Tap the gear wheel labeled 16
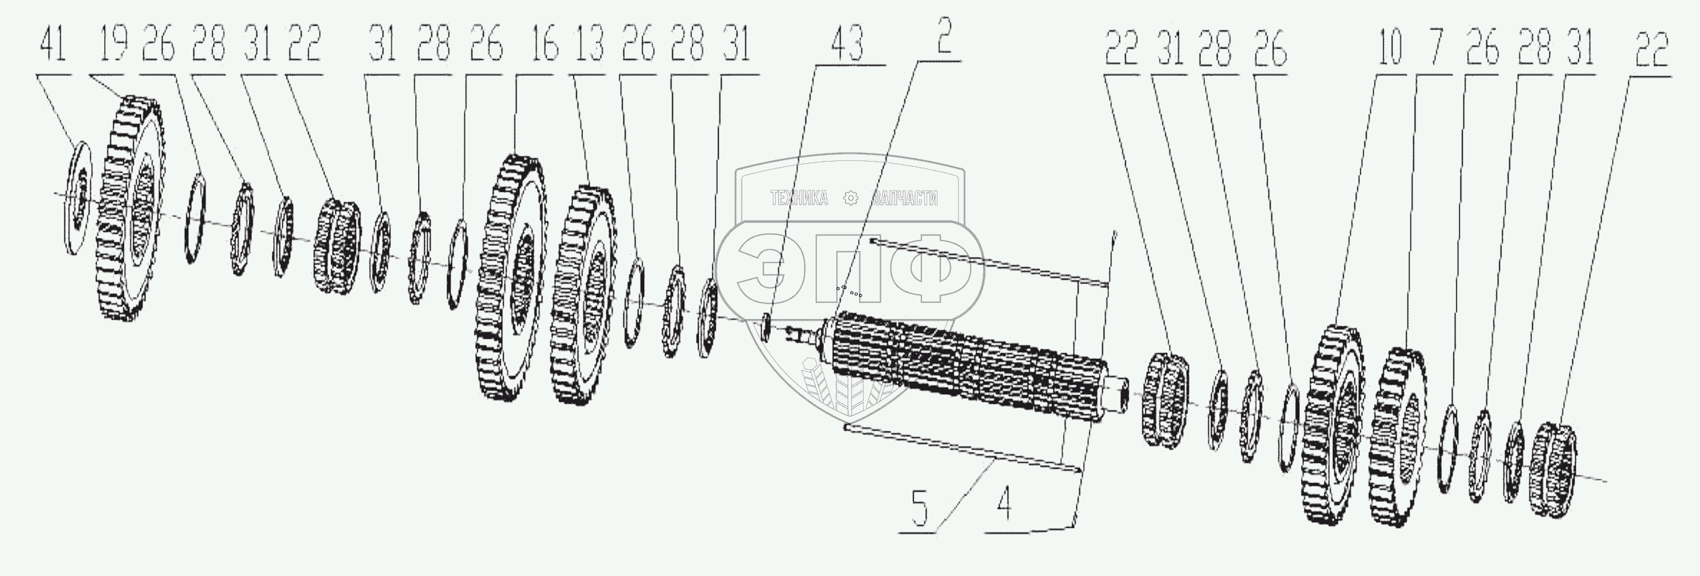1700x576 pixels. pos(511,289)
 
